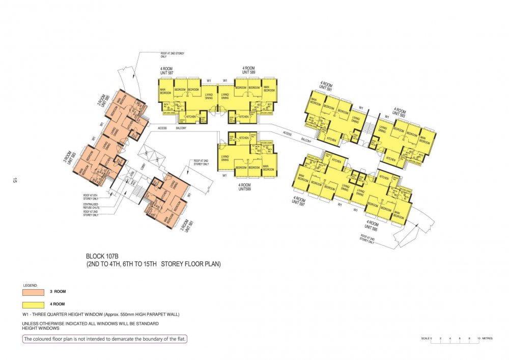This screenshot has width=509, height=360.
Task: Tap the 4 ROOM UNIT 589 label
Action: point(249,70)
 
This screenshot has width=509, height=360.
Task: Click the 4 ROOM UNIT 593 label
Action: point(399,112)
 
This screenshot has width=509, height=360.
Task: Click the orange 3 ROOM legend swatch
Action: point(34,292)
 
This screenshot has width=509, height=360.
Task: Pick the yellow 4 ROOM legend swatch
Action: point(34,305)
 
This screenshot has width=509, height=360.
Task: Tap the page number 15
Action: point(15,180)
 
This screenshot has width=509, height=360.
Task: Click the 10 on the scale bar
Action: point(478,339)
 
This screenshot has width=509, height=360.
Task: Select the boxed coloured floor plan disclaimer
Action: point(105,339)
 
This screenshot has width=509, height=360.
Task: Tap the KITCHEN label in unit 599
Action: point(244,138)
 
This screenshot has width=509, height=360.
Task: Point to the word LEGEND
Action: point(31,285)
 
